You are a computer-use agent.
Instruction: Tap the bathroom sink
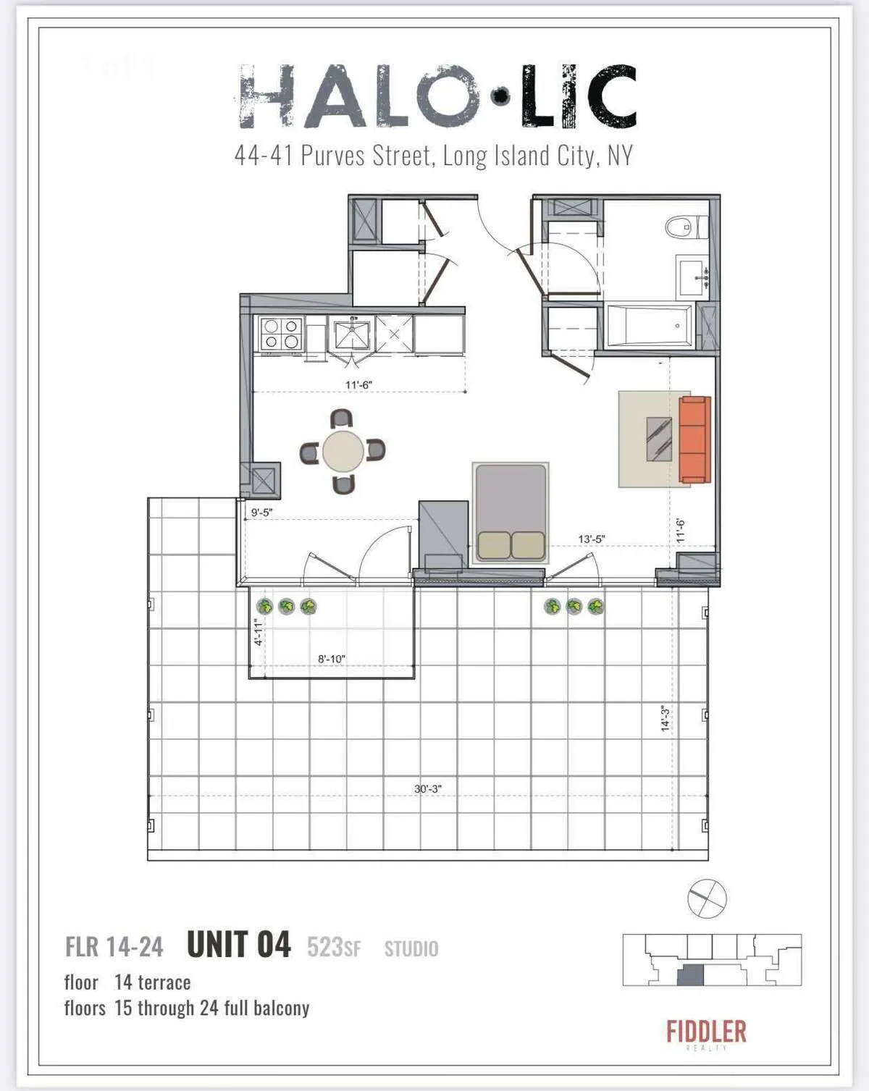693,277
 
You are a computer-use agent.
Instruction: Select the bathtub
649,326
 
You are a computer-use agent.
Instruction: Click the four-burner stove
281,334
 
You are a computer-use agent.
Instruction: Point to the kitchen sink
351,334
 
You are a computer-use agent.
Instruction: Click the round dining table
343,452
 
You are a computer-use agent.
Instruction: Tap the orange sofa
694,439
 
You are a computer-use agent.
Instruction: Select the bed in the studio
511,512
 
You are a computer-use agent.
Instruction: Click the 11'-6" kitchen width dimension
358,385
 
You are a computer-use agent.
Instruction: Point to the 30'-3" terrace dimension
428,789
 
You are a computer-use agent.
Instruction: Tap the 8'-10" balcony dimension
332,660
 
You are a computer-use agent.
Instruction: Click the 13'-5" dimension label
591,539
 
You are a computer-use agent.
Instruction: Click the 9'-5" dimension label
261,513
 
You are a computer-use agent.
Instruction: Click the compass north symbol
706,898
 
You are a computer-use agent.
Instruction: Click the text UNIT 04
239,945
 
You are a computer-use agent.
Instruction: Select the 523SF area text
334,948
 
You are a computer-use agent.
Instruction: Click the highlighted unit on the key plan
690,975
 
